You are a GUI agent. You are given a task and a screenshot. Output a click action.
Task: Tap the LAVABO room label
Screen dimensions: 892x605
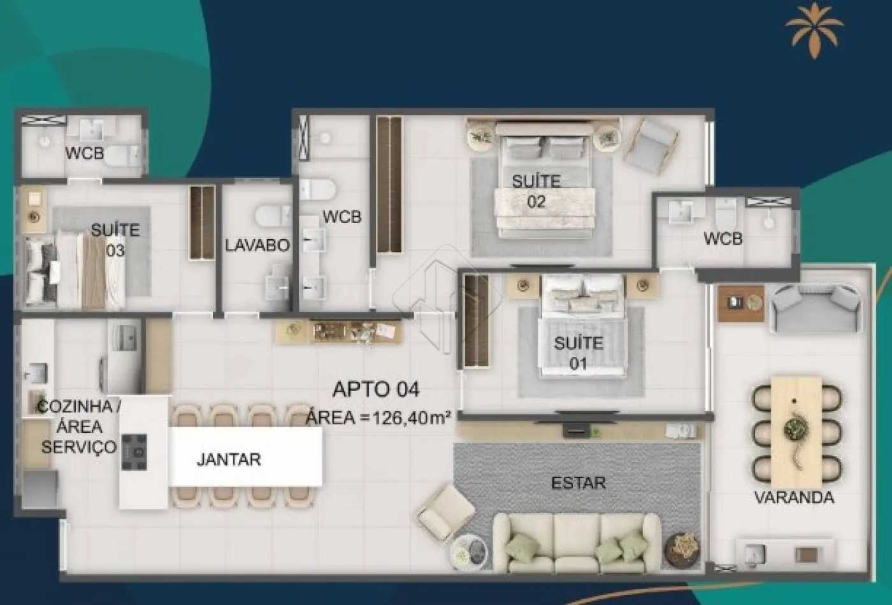(x=257, y=245)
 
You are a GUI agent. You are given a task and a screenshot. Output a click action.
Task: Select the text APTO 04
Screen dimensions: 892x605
(x=376, y=390)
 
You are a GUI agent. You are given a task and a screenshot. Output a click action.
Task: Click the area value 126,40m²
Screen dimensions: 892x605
(x=411, y=418)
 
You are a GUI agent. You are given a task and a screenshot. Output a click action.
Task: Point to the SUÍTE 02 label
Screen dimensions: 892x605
(x=536, y=192)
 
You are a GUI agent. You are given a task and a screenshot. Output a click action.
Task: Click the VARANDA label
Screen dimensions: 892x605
(x=795, y=497)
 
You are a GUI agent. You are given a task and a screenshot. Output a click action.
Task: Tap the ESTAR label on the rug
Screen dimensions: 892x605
(x=579, y=483)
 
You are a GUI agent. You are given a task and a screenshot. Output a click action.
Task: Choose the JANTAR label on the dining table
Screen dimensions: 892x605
(x=229, y=460)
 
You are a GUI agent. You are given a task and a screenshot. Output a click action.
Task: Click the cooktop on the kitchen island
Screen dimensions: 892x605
(x=134, y=452)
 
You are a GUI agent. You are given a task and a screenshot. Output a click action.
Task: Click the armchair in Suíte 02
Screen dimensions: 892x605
(x=651, y=146)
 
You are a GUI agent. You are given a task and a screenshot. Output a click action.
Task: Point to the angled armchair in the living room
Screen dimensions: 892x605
(x=445, y=513)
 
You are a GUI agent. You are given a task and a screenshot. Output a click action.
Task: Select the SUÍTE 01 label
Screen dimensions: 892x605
(x=579, y=353)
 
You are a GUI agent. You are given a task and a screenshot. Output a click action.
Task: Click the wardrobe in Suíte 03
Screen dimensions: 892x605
(x=203, y=223)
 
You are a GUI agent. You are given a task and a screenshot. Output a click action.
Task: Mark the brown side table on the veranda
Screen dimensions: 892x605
(x=741, y=303)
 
